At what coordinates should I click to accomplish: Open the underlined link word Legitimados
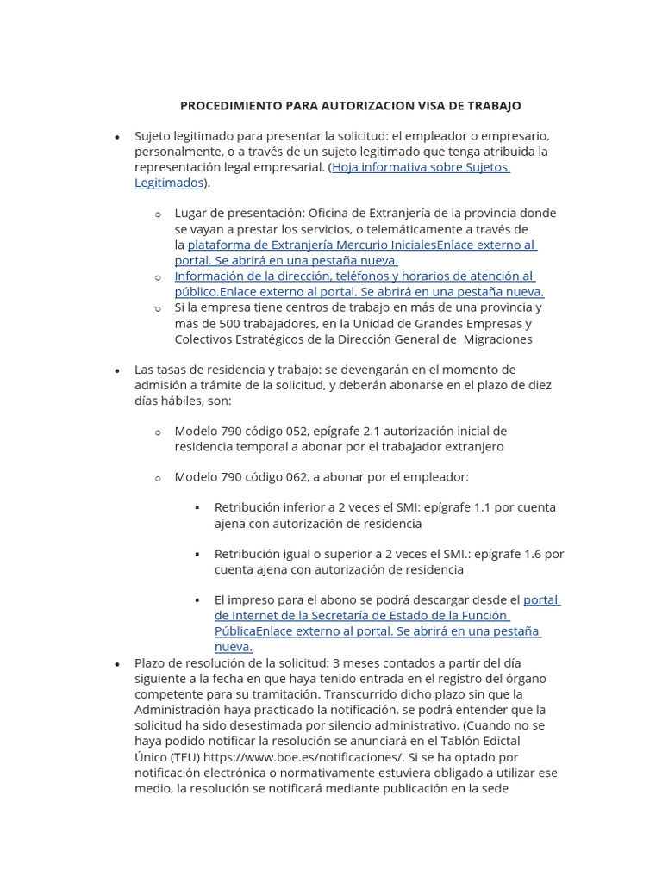pos(169,183)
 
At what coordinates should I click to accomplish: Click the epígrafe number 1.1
pos(486,507)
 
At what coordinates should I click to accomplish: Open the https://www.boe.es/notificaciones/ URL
pos(304,756)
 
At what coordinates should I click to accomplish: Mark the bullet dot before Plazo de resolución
pos(117,664)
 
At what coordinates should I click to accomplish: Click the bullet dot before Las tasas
pos(117,370)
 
